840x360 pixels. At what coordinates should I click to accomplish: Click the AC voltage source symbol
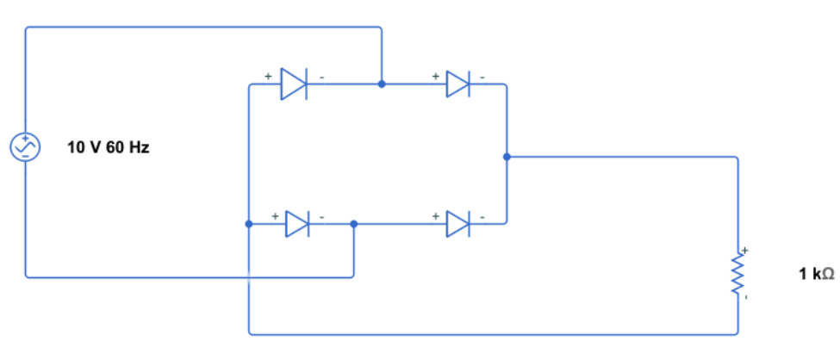click(25, 147)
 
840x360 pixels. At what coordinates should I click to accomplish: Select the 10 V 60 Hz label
click(109, 148)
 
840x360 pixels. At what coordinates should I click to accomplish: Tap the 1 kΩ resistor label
click(816, 275)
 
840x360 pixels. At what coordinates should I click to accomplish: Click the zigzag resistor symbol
click(737, 275)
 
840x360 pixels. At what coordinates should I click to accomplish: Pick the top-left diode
click(294, 84)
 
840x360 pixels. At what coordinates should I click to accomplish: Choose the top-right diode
click(457, 84)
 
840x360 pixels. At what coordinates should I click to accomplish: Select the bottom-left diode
click(296, 224)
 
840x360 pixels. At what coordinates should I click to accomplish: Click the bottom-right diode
click(457, 224)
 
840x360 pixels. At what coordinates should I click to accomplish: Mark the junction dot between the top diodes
click(382, 84)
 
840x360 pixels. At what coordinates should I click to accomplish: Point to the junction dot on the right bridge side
click(507, 157)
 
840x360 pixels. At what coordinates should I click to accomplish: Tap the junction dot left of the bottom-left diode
click(249, 224)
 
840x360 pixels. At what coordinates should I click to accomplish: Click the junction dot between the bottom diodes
click(353, 224)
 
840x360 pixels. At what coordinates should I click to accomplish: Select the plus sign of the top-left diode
click(268, 76)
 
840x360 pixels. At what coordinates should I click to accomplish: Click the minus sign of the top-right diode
click(482, 77)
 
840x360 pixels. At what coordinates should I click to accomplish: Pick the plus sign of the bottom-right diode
click(436, 215)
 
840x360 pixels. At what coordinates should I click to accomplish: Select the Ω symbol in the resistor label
click(827, 275)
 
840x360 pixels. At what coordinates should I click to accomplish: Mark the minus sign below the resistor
click(746, 298)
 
